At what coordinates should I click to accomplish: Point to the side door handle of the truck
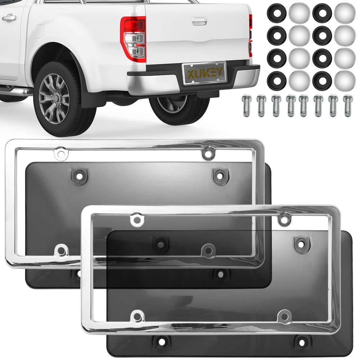tap(9, 17)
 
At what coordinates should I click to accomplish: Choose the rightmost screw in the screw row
tap(348, 105)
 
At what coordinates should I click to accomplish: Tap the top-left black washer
tap(276, 12)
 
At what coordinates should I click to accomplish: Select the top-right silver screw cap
tap(345, 12)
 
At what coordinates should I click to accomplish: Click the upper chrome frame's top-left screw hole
tap(60, 154)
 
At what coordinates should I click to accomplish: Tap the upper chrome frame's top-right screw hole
tap(207, 154)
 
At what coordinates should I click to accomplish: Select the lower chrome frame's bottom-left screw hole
tap(137, 316)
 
